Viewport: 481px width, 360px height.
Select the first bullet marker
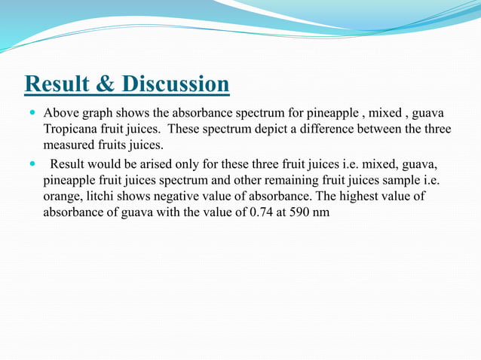pos(31,113)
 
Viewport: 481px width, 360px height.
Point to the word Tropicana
pos(71,129)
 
